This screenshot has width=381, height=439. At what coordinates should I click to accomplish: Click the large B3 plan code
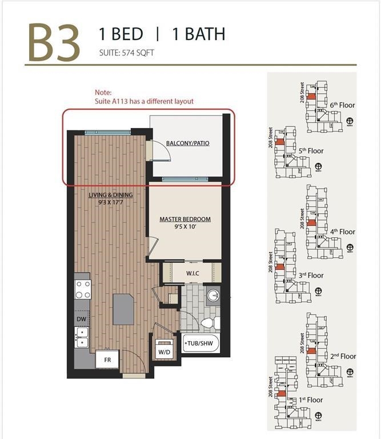54,42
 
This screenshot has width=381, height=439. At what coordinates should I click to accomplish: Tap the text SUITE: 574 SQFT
126,53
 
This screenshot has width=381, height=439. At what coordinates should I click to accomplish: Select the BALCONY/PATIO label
187,143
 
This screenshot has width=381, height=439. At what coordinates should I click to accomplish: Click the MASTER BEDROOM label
185,219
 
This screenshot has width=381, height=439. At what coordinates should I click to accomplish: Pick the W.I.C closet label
192,273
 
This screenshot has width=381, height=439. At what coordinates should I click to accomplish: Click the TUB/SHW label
198,344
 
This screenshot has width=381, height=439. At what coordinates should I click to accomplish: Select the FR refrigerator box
107,360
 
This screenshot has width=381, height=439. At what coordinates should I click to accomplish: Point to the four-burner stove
82,289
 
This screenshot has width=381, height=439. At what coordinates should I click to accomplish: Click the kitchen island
123,309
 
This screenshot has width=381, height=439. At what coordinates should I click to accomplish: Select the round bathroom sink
212,296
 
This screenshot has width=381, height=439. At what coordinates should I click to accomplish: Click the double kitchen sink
82,337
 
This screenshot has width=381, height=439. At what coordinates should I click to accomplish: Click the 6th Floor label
342,105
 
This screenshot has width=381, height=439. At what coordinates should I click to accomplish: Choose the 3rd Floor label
311,275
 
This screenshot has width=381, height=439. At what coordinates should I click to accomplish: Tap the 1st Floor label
310,400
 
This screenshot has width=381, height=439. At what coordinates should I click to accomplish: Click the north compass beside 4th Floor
350,248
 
